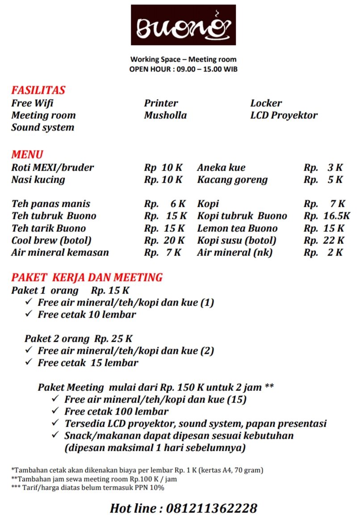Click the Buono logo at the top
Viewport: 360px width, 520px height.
coord(183,25)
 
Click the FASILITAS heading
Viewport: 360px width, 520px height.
coord(38,90)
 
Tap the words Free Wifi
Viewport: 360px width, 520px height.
coord(32,103)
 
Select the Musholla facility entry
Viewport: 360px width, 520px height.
coord(165,115)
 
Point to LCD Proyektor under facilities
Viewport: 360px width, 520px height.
coord(284,115)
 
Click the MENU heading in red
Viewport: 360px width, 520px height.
coord(27,155)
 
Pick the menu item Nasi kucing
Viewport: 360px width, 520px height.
coord(38,180)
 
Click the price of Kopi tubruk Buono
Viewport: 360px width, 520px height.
coord(327,216)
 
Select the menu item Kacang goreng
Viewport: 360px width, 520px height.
coord(232,180)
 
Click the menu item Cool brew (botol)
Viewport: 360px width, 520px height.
coord(51,240)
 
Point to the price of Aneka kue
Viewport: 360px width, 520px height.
coord(323,168)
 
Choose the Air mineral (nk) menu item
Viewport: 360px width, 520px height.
coord(235,252)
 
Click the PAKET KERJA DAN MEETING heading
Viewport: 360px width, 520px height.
coord(87,277)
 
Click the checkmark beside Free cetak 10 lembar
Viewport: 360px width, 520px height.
coord(29,314)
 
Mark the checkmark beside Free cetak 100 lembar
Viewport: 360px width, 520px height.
coord(55,411)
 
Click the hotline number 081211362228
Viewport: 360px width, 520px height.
coord(212,508)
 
